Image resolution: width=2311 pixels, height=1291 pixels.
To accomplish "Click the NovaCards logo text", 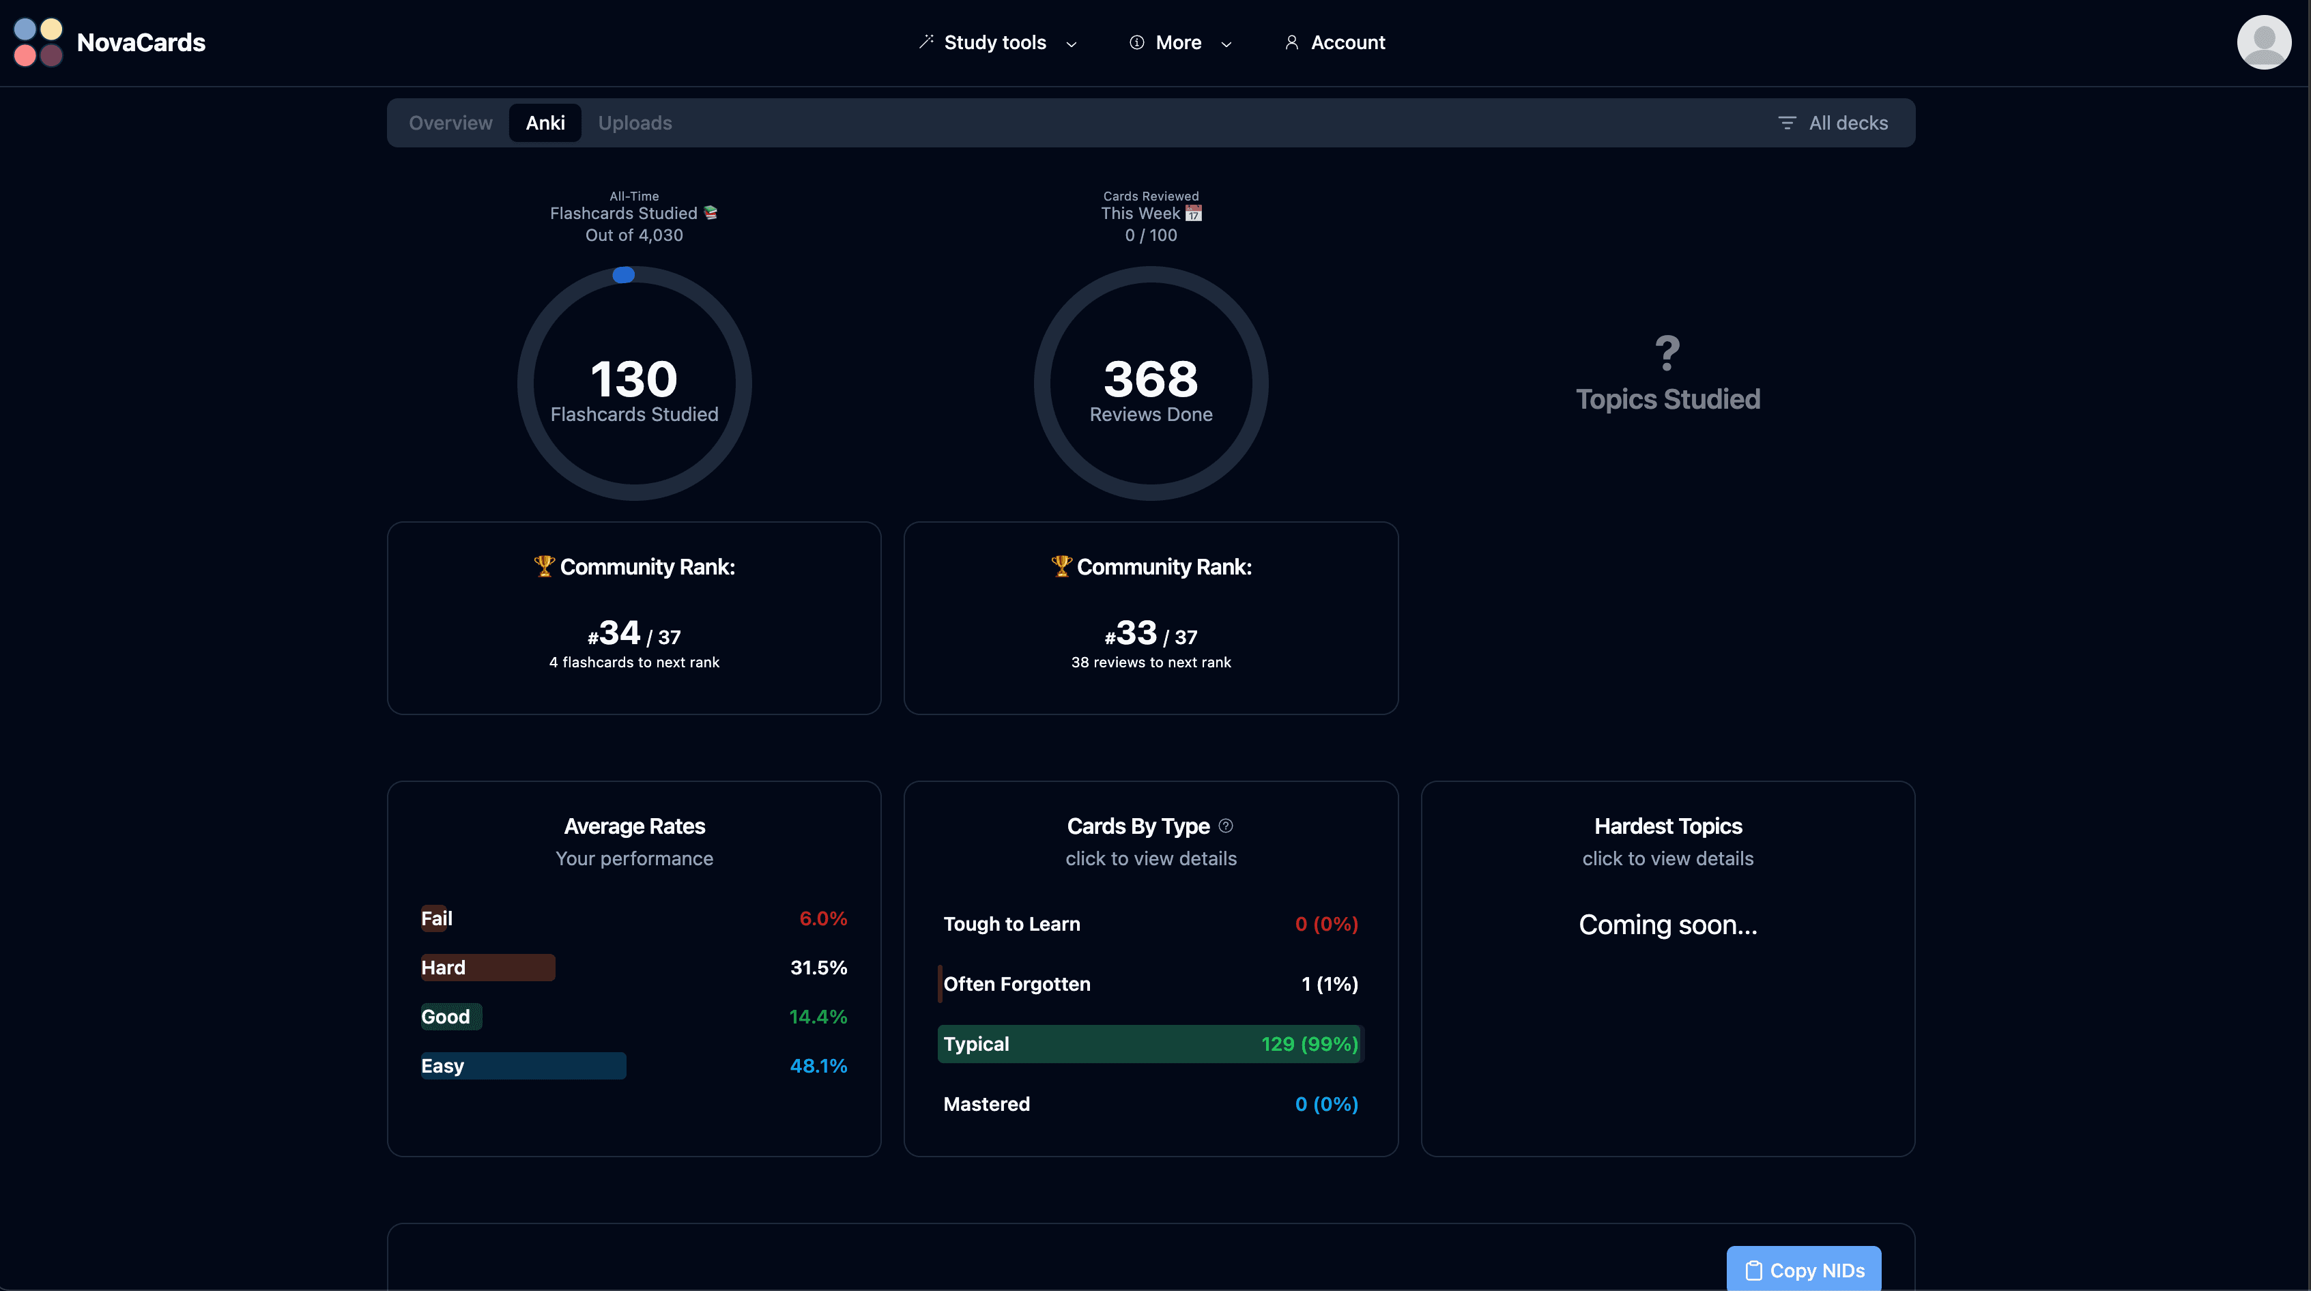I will click(x=141, y=42).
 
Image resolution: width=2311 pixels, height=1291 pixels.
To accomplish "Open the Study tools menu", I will click(x=996, y=42).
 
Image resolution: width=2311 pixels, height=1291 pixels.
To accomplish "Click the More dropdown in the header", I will click(x=1179, y=42).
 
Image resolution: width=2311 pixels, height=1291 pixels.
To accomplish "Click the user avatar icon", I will click(x=2263, y=42).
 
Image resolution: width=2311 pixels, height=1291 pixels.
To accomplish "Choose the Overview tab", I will click(x=450, y=123).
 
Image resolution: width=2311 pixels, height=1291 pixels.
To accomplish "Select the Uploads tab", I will click(x=634, y=123).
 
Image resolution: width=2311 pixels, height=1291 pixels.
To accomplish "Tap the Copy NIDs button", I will click(x=1803, y=1269).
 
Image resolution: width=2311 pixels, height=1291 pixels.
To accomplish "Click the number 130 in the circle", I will click(x=633, y=379).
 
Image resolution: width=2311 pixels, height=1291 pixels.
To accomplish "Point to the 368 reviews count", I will click(x=1150, y=379).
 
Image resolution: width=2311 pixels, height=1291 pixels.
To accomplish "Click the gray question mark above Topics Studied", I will click(x=1667, y=353).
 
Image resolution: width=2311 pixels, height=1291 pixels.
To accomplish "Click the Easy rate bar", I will click(x=523, y=1066).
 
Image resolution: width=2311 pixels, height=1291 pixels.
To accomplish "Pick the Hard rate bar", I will click(x=487, y=967).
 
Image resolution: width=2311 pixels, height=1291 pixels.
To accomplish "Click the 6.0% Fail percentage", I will click(x=822, y=918).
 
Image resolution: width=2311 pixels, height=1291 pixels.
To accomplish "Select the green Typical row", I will click(x=1150, y=1044).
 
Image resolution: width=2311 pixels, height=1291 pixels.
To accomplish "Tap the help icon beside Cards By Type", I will click(x=1226, y=826).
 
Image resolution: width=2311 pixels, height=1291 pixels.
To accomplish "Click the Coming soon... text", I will click(x=1667, y=925).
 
